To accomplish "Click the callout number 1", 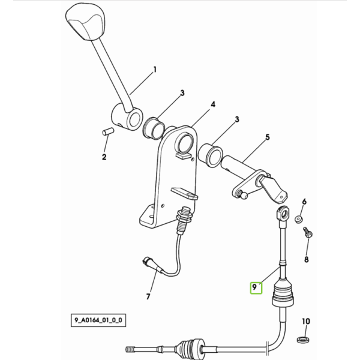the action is click(155, 70).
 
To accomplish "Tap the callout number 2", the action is click(104, 157).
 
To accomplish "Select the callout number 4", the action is click(213, 104).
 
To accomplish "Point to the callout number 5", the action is click(268, 137).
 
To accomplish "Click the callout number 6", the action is click(304, 202).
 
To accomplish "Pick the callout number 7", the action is click(148, 296).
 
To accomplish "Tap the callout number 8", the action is click(306, 259).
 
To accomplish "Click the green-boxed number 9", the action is click(254, 287).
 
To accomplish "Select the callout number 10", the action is click(306, 321).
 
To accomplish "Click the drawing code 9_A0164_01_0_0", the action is click(98, 320).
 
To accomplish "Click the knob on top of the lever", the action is click(85, 22).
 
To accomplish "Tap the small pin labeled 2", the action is click(108, 131).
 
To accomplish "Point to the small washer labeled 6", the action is click(298, 219).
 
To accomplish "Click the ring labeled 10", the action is click(303, 339).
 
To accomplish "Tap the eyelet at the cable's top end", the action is click(283, 212).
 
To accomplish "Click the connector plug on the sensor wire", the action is click(151, 264).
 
